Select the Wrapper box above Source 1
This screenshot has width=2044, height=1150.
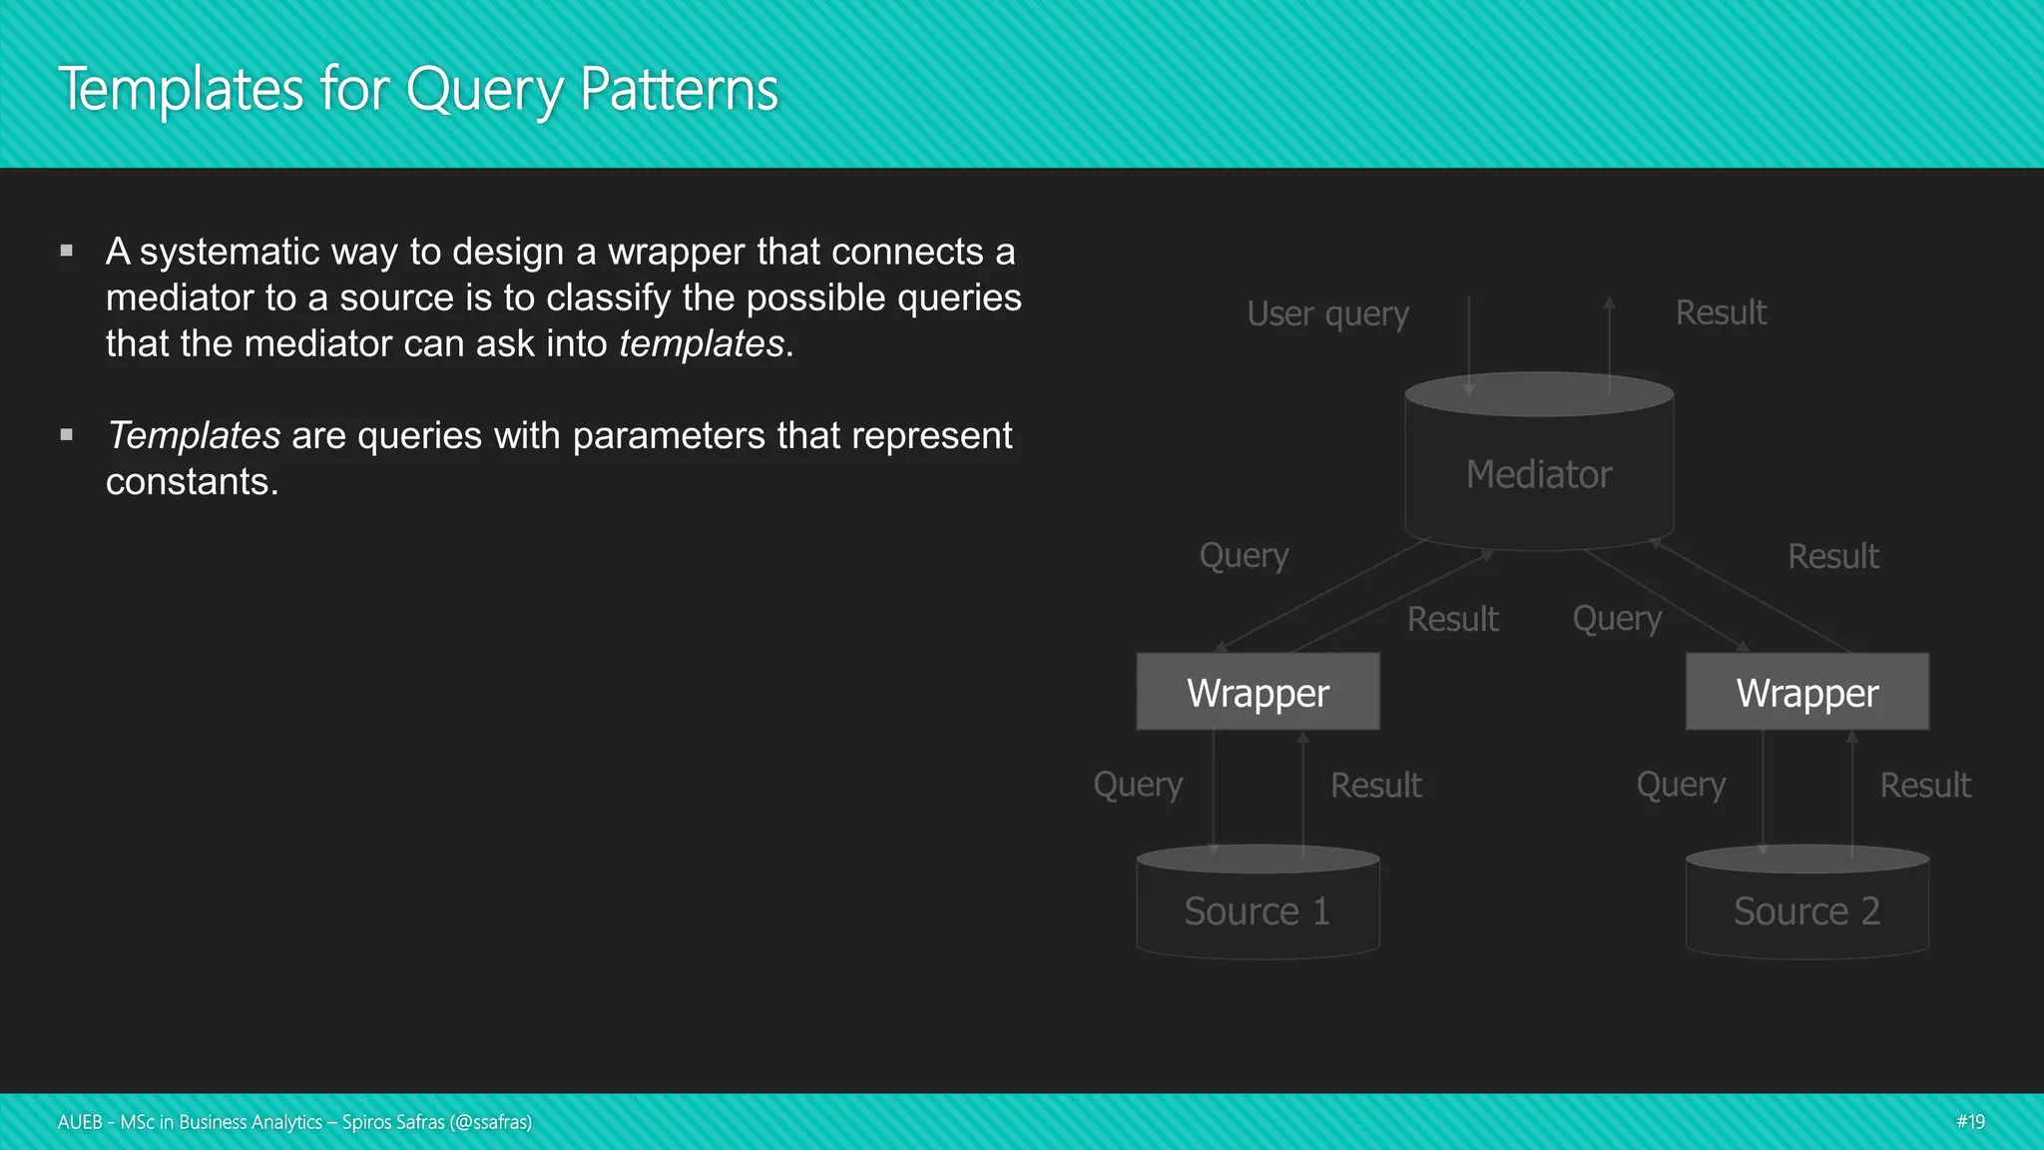pos(1258,692)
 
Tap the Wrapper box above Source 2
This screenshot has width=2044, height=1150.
pos(1806,692)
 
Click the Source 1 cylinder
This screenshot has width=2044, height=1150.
pos(1258,908)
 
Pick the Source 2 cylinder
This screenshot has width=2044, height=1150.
pos(1806,908)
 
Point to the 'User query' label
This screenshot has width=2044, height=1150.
pos(1327,313)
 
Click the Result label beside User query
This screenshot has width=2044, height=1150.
pos(1721,312)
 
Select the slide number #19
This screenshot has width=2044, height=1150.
pos(1970,1121)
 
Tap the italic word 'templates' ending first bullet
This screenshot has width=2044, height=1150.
pos(701,343)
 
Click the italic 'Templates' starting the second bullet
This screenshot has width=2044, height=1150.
pos(194,435)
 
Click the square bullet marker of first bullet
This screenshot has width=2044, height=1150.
pos(67,251)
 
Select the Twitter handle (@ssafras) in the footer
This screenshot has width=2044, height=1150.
pos(491,1122)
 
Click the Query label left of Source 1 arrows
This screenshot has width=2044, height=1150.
pos(1138,785)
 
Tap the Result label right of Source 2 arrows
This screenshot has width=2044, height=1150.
pos(1925,786)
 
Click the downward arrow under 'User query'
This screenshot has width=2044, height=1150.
pos(1469,344)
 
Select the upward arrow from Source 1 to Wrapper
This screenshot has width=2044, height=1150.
pos(1302,794)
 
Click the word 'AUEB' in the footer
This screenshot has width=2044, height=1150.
pos(80,1122)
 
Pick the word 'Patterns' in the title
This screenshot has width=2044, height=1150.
pos(679,90)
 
